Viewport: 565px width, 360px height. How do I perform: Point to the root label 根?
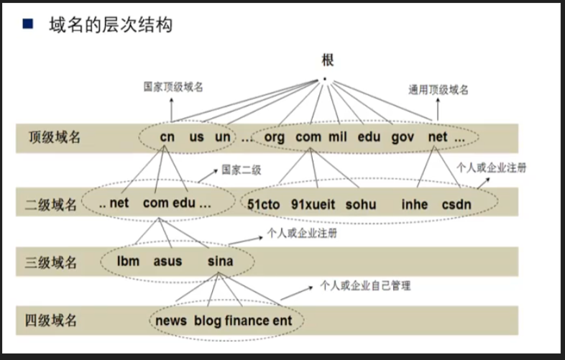click(327, 60)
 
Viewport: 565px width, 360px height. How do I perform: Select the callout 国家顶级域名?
click(173, 87)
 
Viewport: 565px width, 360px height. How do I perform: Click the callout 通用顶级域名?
click(438, 90)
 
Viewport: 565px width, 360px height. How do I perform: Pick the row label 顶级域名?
click(55, 137)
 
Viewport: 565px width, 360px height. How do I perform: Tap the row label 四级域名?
click(51, 320)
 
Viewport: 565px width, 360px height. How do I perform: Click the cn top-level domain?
click(167, 137)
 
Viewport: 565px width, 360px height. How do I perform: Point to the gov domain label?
click(403, 137)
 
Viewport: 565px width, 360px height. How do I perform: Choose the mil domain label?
click(338, 137)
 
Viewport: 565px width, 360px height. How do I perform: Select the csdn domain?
click(456, 204)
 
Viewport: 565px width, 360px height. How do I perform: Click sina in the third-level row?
click(220, 262)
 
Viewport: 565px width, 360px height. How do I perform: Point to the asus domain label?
click(167, 262)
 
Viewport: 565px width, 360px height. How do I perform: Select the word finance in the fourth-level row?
click(247, 320)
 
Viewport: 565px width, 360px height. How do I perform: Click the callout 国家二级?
click(241, 170)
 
